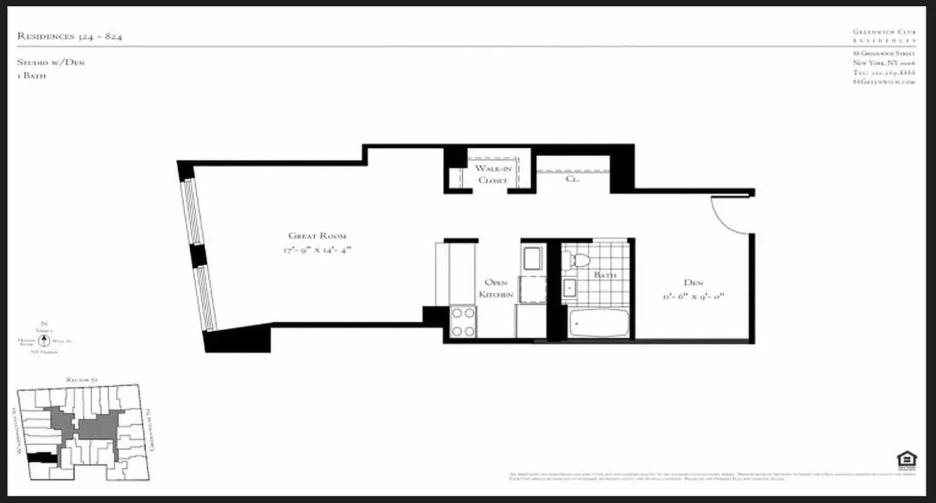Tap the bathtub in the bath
coord(599,323)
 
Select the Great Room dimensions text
coord(316,250)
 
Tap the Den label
coord(694,282)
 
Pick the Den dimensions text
coord(693,296)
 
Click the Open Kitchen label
coord(497,289)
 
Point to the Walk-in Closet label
coord(492,174)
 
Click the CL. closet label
coord(571,179)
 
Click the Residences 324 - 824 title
coord(70,36)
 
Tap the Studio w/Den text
coord(51,62)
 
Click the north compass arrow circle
coord(44,341)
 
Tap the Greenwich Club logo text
coord(884,35)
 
